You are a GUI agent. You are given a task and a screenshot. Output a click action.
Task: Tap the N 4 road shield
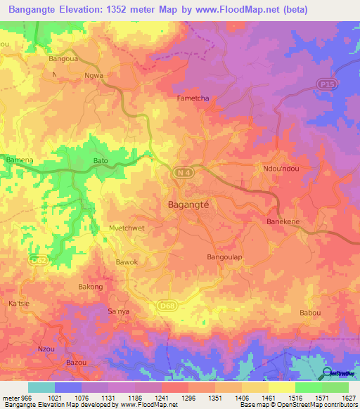[x=183, y=173]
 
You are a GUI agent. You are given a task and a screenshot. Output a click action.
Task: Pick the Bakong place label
[x=90, y=287]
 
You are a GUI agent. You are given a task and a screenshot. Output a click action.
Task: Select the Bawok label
[x=127, y=263]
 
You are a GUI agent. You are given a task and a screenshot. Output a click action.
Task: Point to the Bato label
[x=101, y=161]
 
